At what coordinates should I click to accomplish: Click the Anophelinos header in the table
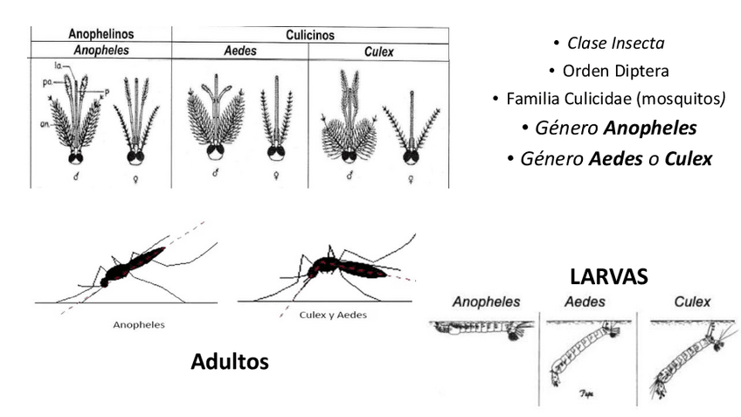pyautogui.click(x=100, y=35)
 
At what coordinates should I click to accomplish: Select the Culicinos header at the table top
pyautogui.click(x=310, y=36)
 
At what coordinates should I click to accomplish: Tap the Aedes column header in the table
pyautogui.click(x=240, y=52)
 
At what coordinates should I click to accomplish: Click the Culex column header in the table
pyautogui.click(x=378, y=52)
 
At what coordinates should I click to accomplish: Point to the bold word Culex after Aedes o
pyautogui.click(x=689, y=158)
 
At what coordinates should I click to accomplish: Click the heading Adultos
pyautogui.click(x=230, y=360)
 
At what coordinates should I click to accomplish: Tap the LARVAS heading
pyautogui.click(x=608, y=277)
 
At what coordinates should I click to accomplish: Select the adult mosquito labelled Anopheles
pyautogui.click(x=131, y=266)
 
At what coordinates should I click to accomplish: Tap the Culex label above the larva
pyautogui.click(x=692, y=302)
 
